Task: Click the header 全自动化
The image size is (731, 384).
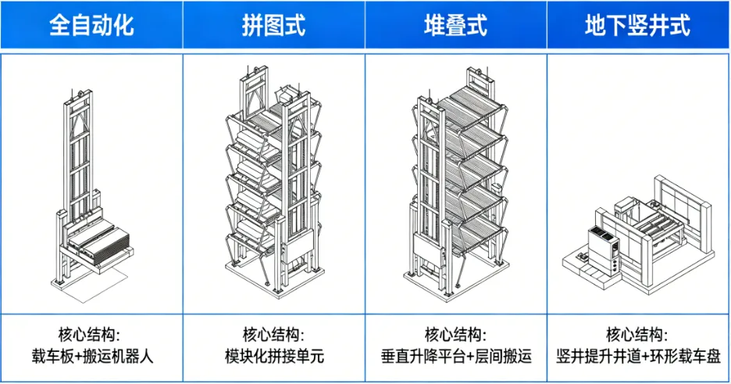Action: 91,25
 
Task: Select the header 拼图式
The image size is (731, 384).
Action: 274,25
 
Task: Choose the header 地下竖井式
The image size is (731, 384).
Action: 638,25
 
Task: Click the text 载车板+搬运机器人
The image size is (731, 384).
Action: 91,357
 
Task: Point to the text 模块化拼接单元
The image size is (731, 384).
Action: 274,357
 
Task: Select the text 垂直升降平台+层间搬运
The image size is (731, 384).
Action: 456,357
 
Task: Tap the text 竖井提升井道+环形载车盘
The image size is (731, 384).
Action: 638,357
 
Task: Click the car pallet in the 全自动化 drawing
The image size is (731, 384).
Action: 97,238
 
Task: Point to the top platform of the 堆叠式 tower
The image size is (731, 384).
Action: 476,106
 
